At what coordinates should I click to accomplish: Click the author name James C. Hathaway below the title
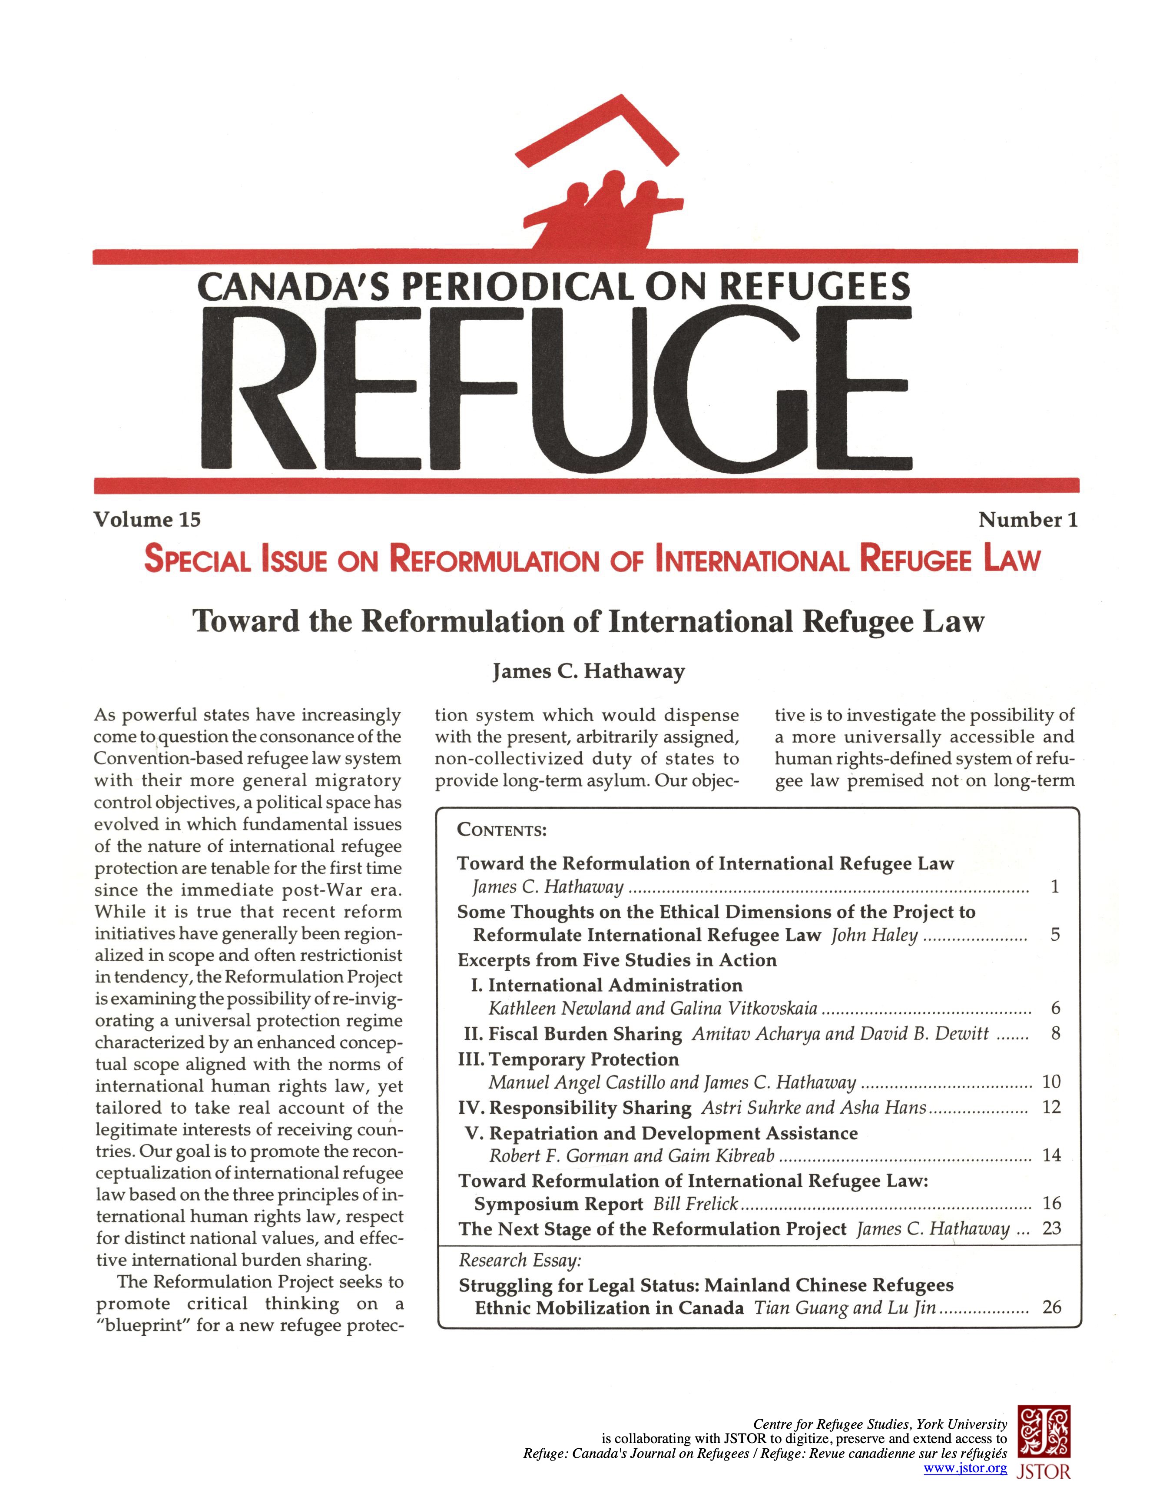(x=588, y=671)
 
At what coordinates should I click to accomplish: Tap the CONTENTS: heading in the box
(x=502, y=830)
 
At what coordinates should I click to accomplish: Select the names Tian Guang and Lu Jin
(x=845, y=1308)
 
